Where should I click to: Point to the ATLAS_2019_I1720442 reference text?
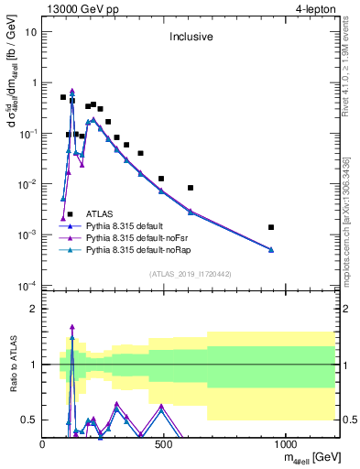point(189,274)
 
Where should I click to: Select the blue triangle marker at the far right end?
point(271,249)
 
